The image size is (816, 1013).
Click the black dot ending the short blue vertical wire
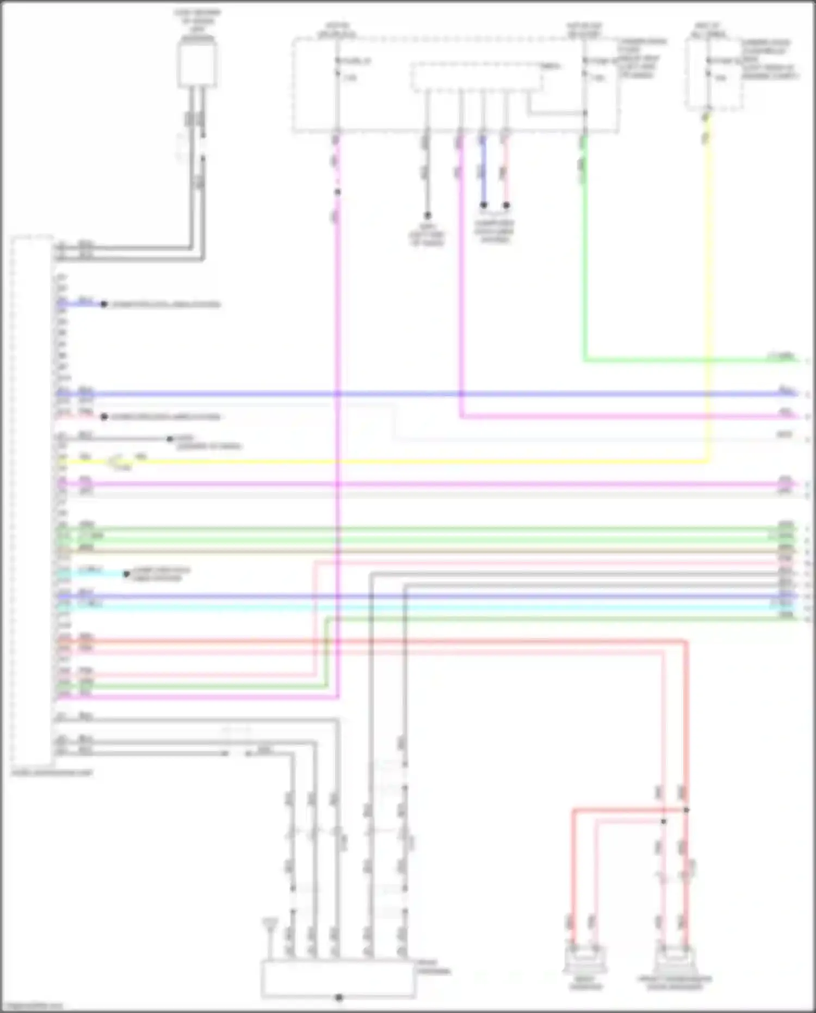[483, 205]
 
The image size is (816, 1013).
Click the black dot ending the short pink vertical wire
[506, 205]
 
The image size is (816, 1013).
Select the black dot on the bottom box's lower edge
[338, 997]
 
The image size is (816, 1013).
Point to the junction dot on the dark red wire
[687, 810]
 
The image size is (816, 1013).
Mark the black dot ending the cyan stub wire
[126, 574]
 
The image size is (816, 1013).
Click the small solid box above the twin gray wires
[197, 64]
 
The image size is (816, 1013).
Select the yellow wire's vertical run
[708, 299]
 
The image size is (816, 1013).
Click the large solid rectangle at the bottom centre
[338, 979]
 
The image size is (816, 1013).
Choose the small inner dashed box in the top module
[477, 77]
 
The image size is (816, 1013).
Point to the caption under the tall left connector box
[52, 772]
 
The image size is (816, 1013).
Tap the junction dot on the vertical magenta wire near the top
[337, 192]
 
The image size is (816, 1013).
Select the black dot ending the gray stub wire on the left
[170, 439]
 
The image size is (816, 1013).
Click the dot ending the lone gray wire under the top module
[427, 216]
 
